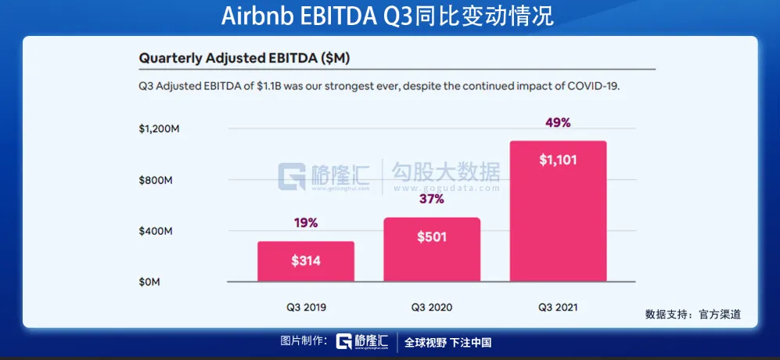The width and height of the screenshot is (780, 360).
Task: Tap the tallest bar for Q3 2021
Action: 558,211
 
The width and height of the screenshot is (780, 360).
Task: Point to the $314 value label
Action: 306,261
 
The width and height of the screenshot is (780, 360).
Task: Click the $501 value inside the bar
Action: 431,236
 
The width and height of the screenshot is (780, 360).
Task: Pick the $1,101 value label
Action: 558,160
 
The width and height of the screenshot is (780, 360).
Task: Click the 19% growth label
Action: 306,223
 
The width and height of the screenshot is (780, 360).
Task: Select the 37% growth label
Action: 431,199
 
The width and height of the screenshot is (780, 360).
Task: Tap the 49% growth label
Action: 558,123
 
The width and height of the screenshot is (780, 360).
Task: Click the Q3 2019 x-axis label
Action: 306,308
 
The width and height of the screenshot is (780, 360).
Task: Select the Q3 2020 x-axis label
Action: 431,308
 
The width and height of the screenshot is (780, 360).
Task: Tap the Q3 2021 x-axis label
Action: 558,308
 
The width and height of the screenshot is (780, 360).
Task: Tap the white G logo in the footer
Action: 344,342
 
